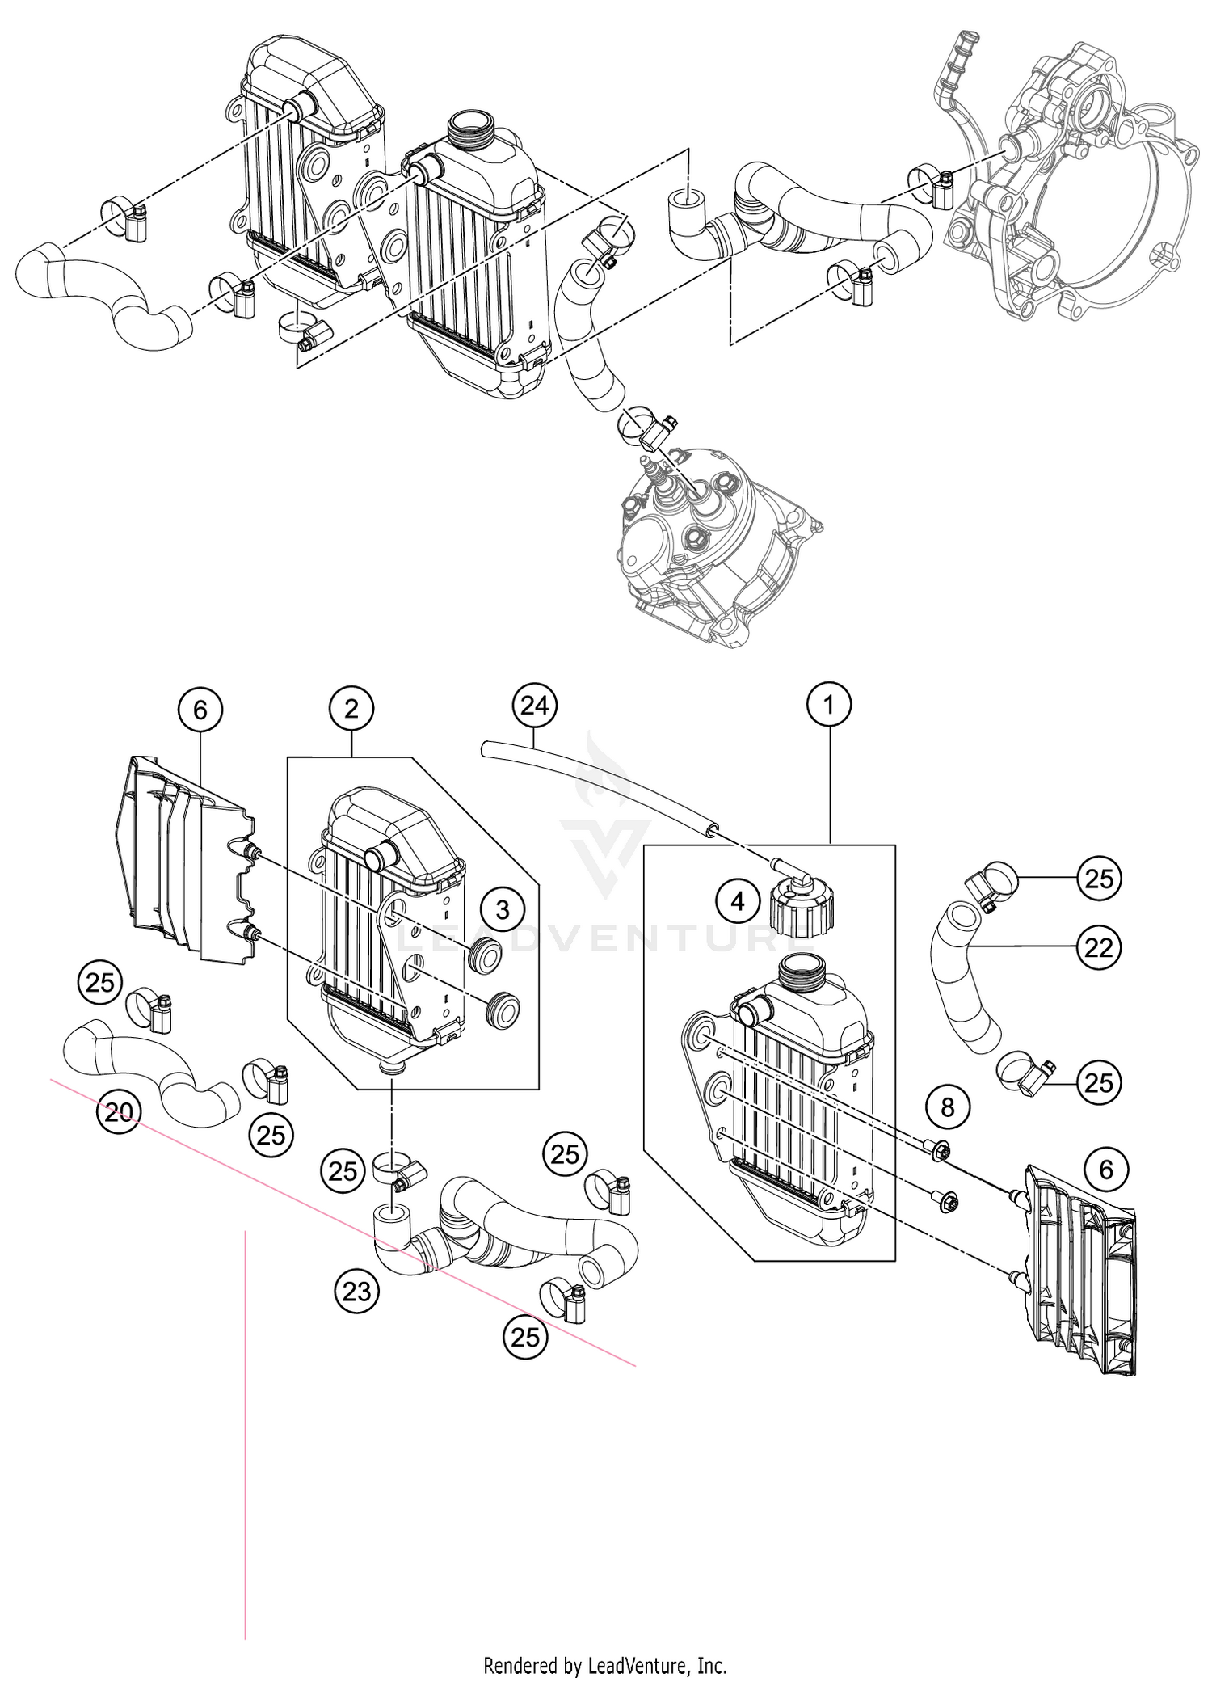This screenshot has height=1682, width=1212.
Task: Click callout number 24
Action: [x=535, y=706]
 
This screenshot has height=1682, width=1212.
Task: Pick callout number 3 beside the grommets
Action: [x=503, y=909]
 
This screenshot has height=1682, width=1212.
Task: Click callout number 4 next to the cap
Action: [x=738, y=900]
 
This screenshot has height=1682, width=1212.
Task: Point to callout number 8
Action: [x=947, y=1107]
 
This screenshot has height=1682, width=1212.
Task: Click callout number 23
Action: [x=356, y=1292]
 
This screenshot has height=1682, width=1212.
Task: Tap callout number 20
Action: [x=119, y=1112]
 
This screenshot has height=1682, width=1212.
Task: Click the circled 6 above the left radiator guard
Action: [x=200, y=710]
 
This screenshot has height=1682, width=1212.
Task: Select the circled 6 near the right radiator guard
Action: [x=1106, y=1169]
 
